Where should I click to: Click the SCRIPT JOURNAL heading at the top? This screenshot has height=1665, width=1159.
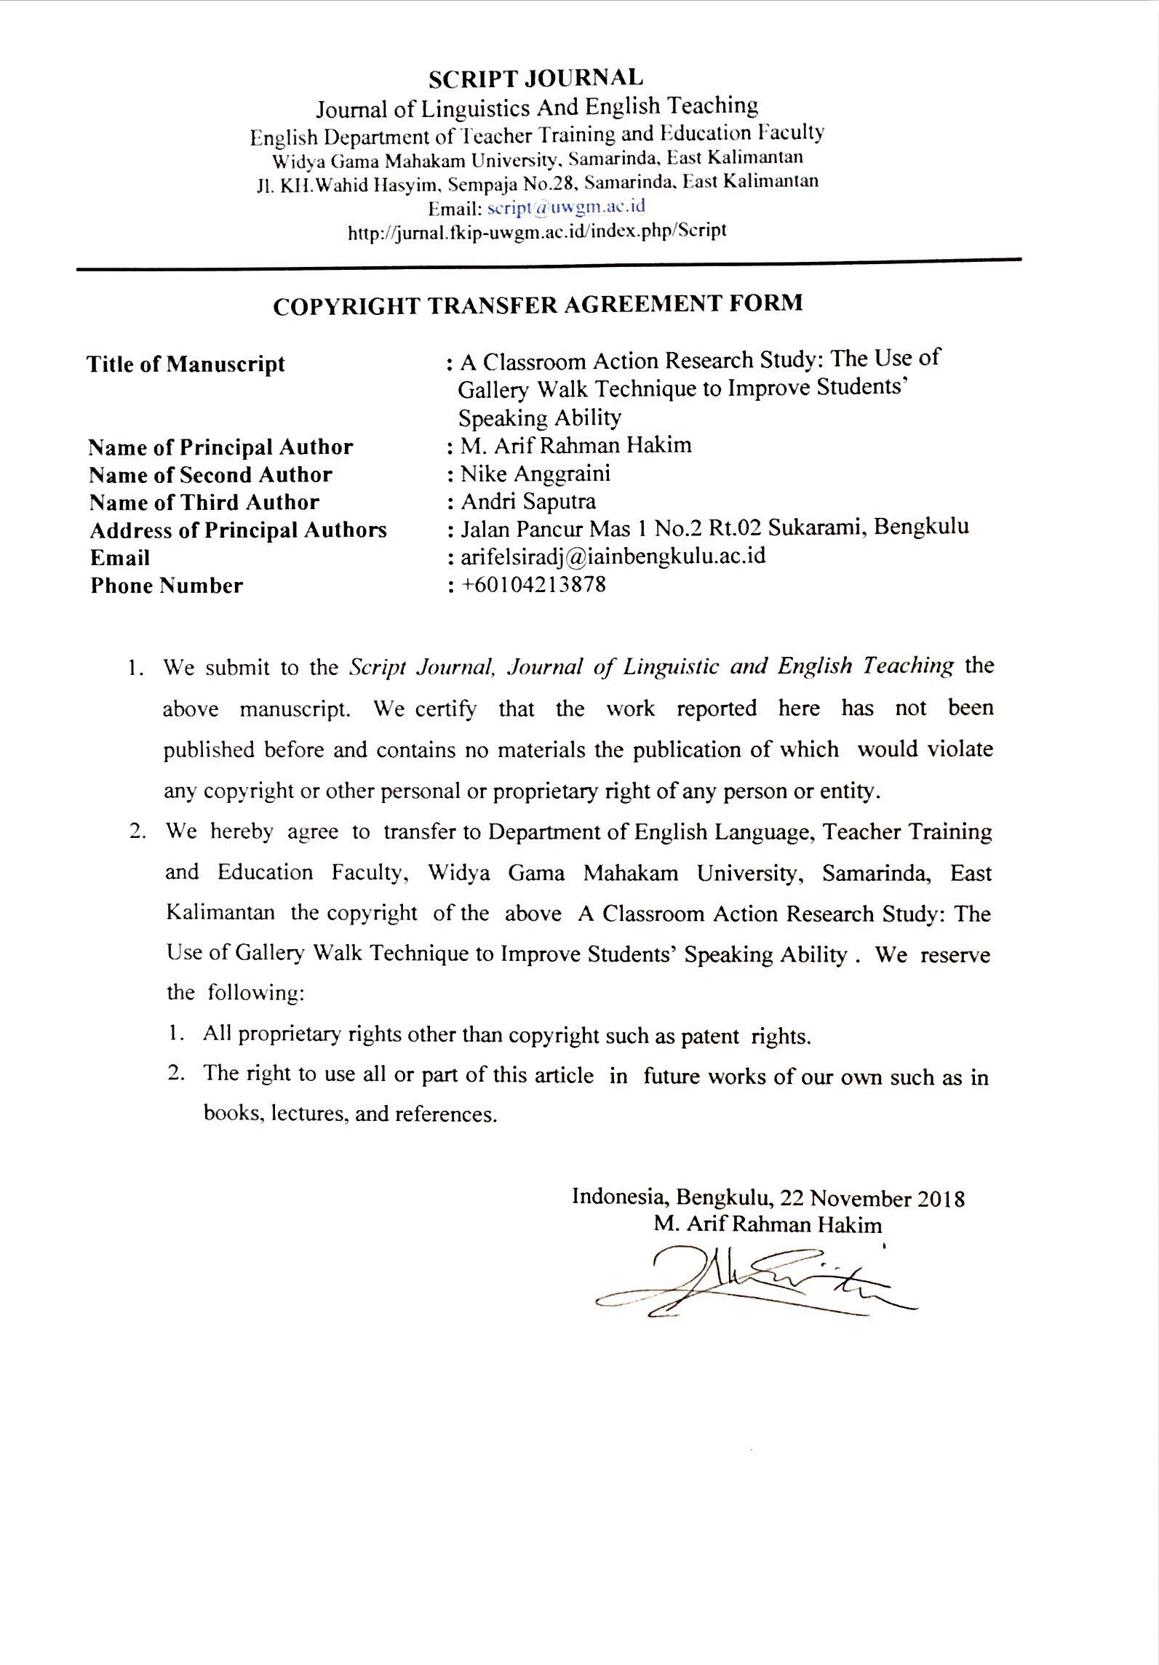[x=535, y=78]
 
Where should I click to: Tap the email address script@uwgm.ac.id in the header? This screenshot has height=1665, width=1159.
[x=566, y=207]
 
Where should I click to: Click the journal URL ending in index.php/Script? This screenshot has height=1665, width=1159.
[x=537, y=232]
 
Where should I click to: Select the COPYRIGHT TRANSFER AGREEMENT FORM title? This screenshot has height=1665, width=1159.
[x=538, y=304]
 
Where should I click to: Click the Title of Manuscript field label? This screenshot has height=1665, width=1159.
[x=186, y=364]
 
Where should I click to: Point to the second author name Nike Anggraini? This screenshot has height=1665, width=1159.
[x=535, y=474]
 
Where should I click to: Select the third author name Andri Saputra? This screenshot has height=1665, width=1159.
[x=528, y=502]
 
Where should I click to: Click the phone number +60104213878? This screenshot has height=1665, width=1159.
[x=533, y=585]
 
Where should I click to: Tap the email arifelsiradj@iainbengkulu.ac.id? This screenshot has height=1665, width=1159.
[x=613, y=557]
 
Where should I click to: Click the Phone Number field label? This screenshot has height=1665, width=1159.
[x=167, y=586]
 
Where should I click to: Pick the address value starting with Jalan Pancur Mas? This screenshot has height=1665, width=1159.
[x=714, y=529]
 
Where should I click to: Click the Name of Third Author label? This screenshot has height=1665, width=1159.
[x=204, y=503]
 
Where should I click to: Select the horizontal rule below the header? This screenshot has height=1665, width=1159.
[x=549, y=265]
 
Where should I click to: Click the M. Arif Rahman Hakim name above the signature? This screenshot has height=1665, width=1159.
[x=768, y=1225]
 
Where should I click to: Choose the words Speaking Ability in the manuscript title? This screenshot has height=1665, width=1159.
[x=540, y=418]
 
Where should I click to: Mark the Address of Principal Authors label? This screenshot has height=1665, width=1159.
[x=238, y=530]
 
